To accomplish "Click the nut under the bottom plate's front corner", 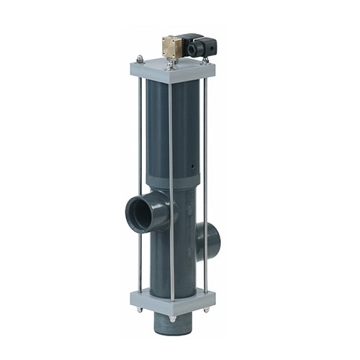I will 172,317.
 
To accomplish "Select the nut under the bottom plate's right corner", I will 206,309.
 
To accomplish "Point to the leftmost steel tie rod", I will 139,180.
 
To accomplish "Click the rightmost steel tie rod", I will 206,180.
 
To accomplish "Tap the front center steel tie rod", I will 171,180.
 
